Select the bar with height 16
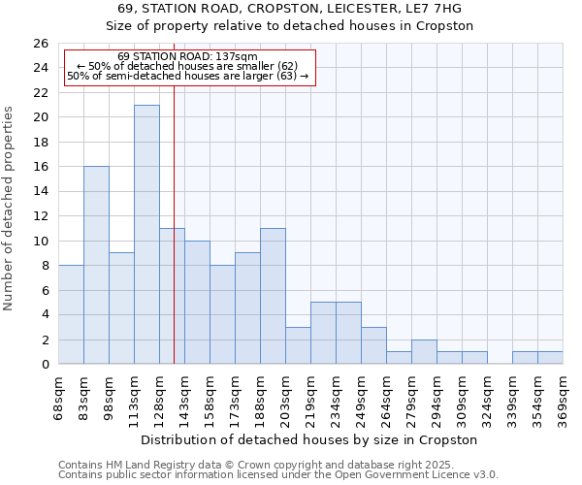[x=96, y=265]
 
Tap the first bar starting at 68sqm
[x=71, y=314]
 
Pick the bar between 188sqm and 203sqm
[x=273, y=296]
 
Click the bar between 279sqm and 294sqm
[x=424, y=352]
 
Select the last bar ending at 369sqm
[x=550, y=358]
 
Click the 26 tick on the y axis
[x=40, y=44]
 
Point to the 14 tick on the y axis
[x=40, y=191]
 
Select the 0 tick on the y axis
[x=44, y=365]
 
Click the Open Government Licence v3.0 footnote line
[x=278, y=474]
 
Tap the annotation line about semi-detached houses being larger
[x=188, y=76]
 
